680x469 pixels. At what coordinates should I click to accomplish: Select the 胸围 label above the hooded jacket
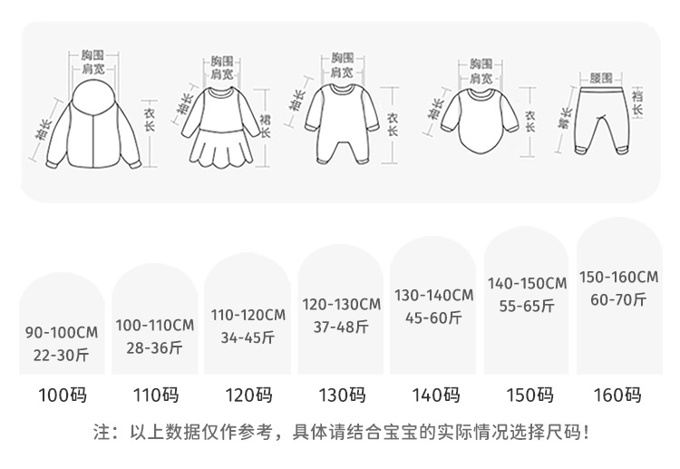point(92,55)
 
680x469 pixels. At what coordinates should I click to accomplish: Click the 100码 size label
point(62,396)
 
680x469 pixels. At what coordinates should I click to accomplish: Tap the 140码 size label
point(434,396)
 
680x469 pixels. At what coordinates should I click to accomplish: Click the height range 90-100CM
point(62,333)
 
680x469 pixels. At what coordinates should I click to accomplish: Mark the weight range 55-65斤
point(527,306)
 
